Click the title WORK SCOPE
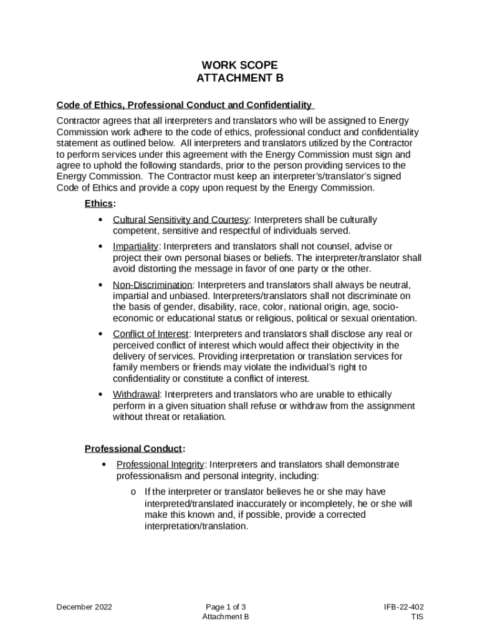239,65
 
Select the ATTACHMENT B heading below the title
239,78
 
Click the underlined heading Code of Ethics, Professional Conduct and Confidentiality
184,105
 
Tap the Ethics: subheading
100,204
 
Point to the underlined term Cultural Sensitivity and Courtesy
180,220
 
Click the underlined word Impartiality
135,247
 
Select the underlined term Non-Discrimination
152,285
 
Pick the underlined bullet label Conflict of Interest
150,334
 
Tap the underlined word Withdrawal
136,394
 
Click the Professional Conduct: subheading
135,449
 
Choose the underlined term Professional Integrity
160,465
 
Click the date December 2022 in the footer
84,607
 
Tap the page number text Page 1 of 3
229,607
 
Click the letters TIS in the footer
417,617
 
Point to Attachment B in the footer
226,617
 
